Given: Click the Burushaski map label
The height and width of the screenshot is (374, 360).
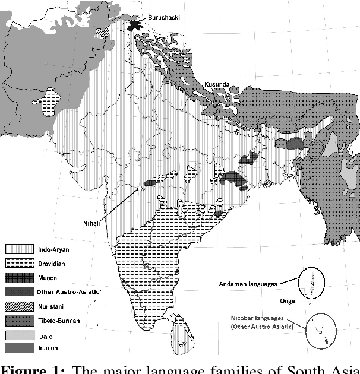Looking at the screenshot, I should [165, 18].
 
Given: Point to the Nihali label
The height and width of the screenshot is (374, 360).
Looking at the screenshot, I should [93, 223].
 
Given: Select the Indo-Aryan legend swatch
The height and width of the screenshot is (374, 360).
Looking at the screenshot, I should [18, 249].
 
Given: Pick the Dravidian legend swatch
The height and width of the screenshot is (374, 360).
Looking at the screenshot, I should [18, 263].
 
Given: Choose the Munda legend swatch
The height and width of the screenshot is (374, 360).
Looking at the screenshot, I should [18, 277].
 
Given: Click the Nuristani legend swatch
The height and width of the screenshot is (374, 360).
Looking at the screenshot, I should [18, 306].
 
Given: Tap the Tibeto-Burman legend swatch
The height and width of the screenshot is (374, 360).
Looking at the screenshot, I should [18, 321].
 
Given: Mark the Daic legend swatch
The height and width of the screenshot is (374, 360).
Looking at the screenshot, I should [18, 335].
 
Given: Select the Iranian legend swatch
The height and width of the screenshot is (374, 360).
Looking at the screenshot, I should [18, 348].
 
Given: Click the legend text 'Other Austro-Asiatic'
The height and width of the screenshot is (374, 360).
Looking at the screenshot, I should [69, 291].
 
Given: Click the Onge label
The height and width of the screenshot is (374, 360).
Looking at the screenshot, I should [288, 301].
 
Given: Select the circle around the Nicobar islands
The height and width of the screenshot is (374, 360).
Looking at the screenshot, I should [321, 330].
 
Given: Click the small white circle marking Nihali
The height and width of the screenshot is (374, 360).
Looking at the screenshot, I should [139, 188].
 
